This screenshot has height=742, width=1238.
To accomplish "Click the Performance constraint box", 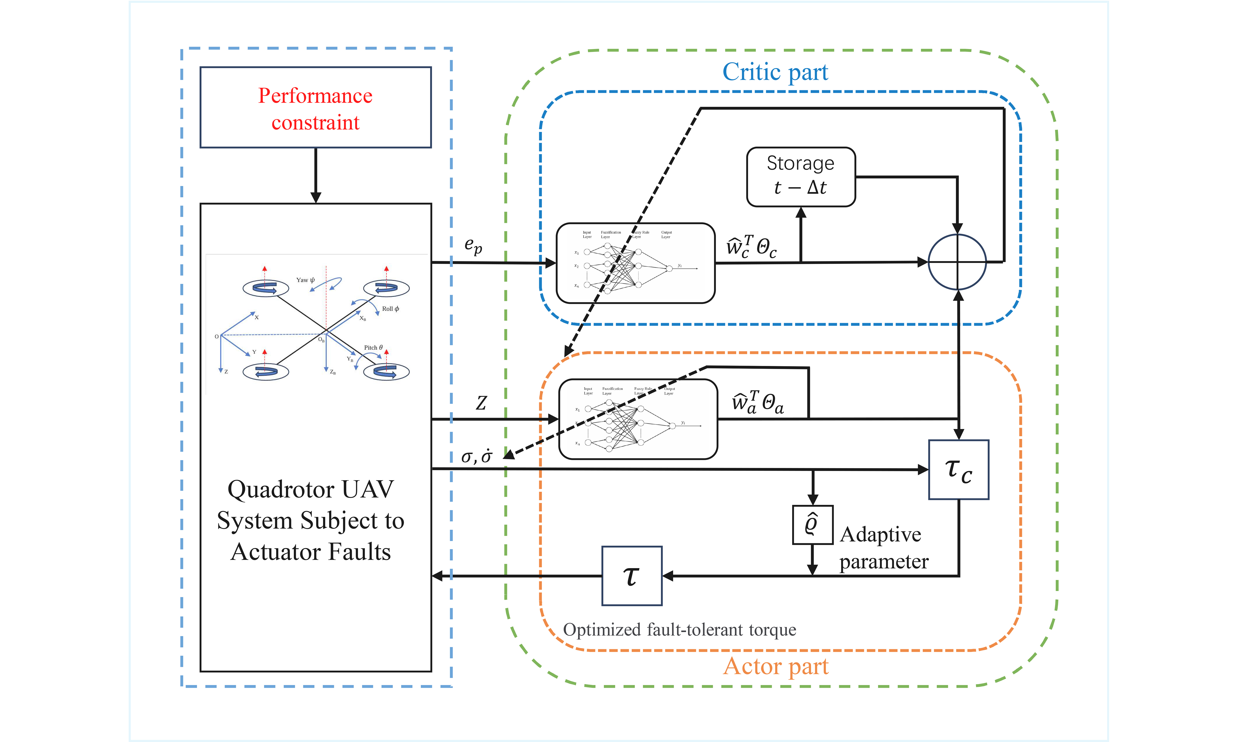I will point(315,107).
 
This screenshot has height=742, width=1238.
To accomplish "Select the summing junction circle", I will point(957,262).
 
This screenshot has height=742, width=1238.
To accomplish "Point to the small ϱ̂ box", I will point(812,525).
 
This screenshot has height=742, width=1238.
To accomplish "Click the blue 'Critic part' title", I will point(775,72).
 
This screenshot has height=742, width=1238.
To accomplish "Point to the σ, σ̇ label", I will point(476,456).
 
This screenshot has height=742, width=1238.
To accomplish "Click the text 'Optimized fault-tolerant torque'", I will point(679,629).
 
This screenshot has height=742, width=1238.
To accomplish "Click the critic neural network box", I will point(635,263).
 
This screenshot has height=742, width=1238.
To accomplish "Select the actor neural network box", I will point(638,419).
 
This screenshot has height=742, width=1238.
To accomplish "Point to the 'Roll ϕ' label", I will point(390,309).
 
